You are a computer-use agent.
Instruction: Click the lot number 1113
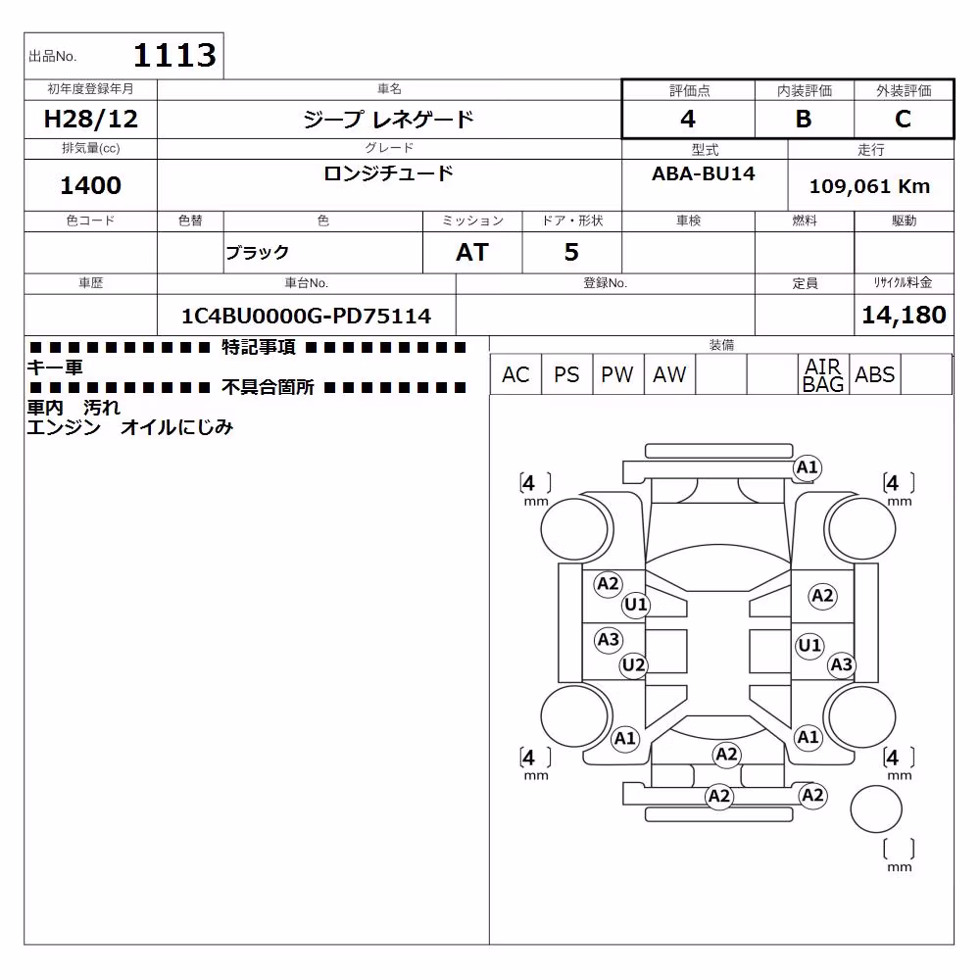(175, 55)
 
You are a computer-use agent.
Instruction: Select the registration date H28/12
(90, 119)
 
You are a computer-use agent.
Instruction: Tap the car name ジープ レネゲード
(388, 119)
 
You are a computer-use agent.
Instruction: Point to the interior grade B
(804, 119)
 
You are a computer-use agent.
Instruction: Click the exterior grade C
(903, 119)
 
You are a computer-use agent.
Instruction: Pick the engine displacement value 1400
(90, 185)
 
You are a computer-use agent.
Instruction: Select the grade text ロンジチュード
(388, 173)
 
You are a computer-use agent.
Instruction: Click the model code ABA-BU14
(703, 173)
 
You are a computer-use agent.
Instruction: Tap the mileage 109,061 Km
(869, 186)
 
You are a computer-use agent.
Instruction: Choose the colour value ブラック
(257, 253)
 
